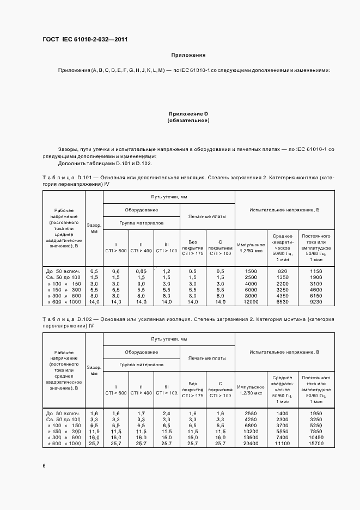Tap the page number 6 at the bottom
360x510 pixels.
(x=44, y=465)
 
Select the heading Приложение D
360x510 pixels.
(x=188, y=113)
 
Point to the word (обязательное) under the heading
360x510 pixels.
(x=188, y=120)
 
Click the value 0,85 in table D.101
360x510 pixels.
(x=141, y=271)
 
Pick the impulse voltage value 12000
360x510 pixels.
(x=251, y=301)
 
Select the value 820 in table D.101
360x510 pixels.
(x=282, y=271)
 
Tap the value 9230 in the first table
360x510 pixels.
(x=316, y=301)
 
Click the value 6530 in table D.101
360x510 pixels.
(x=282, y=301)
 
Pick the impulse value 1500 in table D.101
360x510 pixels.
(x=251, y=271)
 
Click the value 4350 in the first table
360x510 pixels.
(x=282, y=295)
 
